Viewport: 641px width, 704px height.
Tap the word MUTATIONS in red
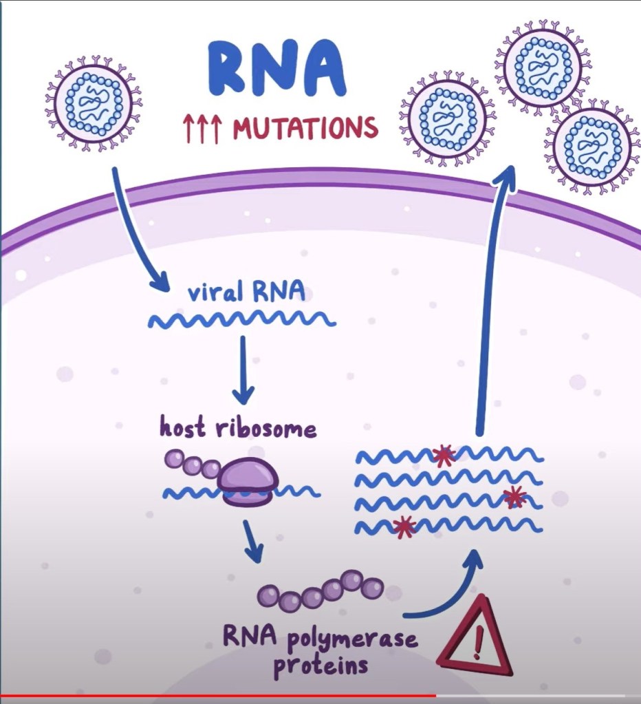tap(305, 128)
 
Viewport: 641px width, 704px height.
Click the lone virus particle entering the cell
tap(94, 103)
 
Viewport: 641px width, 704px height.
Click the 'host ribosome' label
tap(238, 429)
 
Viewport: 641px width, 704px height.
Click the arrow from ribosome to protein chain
tap(252, 540)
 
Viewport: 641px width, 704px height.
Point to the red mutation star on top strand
tap(444, 455)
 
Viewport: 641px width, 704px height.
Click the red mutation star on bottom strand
tap(404, 527)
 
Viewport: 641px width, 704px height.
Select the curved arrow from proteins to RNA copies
tap(447, 592)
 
